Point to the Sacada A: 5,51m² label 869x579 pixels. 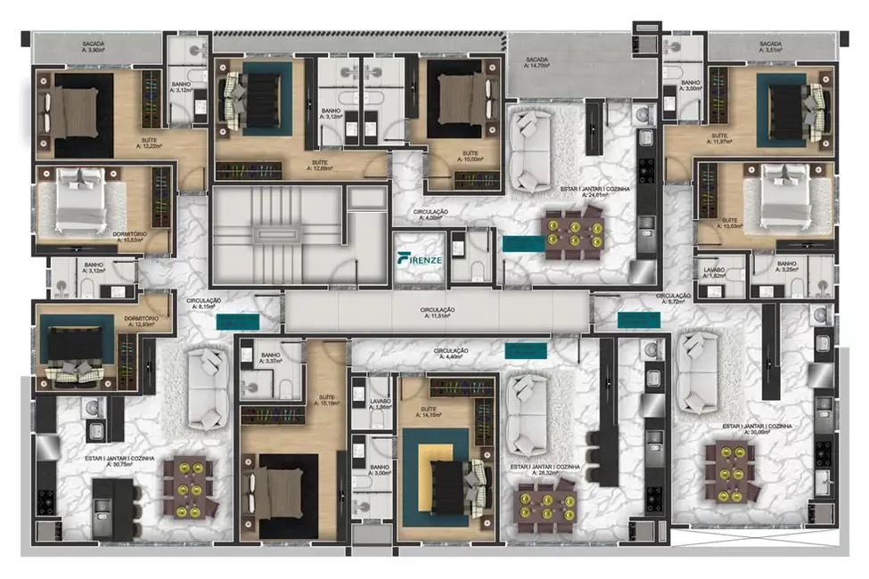770,46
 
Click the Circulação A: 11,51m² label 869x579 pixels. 438,313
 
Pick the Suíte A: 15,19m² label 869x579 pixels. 324,399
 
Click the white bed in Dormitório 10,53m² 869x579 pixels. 82,201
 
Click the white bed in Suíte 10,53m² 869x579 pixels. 773,202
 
